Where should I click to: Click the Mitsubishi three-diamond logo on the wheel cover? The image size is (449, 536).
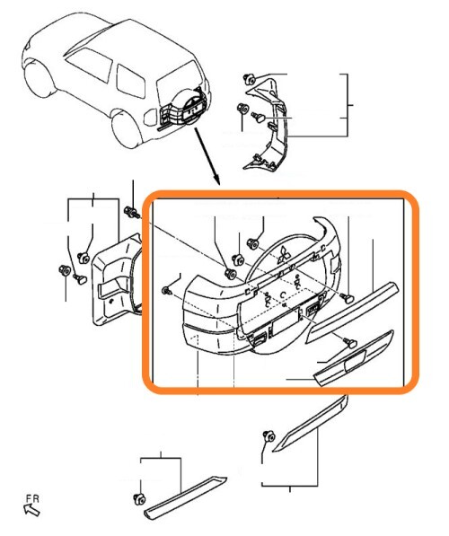284,255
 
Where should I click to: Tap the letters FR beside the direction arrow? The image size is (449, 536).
32,498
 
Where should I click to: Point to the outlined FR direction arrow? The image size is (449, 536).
31,510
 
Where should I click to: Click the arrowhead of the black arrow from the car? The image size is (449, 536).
216,179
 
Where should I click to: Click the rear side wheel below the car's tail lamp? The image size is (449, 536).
128,129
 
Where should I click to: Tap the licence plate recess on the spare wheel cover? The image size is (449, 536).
286,321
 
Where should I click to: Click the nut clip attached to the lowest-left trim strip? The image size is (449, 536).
139,499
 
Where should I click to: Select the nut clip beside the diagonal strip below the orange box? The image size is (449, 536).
269,436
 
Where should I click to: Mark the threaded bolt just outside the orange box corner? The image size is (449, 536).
132,212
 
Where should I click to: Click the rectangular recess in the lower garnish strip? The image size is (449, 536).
355,360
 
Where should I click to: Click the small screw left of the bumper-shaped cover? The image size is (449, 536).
167,291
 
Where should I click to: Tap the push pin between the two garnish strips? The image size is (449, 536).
350,342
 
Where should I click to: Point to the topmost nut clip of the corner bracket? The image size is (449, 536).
250,79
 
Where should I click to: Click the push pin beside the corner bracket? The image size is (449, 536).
259,117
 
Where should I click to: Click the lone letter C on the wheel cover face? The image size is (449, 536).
283,294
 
